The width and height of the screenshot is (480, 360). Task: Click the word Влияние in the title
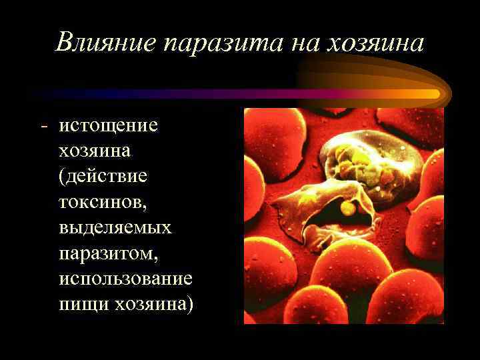click(106, 43)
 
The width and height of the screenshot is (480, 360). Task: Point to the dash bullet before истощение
click(43, 126)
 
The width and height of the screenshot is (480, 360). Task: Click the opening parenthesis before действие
click(62, 177)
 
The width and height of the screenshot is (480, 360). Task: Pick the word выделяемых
click(115, 227)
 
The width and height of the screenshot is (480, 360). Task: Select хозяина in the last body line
click(151, 303)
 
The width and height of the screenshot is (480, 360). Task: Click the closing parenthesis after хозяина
click(191, 304)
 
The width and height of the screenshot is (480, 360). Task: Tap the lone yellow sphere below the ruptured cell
click(347, 209)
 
